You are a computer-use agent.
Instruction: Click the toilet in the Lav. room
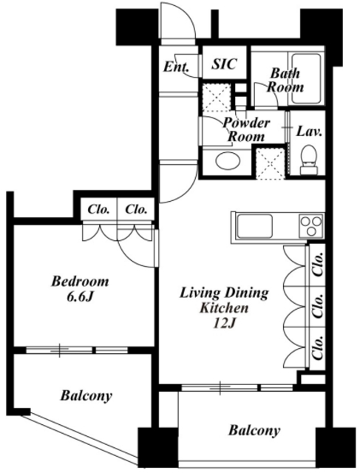(309, 160)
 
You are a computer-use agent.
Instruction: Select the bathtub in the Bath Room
(306, 78)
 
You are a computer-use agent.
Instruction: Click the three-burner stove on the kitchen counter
(311, 226)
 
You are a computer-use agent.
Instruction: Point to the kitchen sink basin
(254, 226)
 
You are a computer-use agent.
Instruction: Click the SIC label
(224, 64)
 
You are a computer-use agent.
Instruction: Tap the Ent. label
(176, 67)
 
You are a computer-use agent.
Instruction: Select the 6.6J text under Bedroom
(79, 297)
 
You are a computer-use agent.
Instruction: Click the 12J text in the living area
(223, 324)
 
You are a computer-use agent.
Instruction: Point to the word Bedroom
(80, 282)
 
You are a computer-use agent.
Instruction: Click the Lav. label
(309, 132)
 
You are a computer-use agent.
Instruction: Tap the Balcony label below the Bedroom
(86, 395)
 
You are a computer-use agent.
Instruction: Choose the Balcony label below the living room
(254, 430)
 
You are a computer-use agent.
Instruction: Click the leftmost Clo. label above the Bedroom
(98, 209)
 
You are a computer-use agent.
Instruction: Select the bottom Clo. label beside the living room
(317, 348)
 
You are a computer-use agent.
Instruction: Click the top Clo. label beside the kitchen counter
(317, 265)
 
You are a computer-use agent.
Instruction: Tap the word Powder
(246, 123)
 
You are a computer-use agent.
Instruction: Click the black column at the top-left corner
(137, 27)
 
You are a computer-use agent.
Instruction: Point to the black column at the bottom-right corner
(336, 447)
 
